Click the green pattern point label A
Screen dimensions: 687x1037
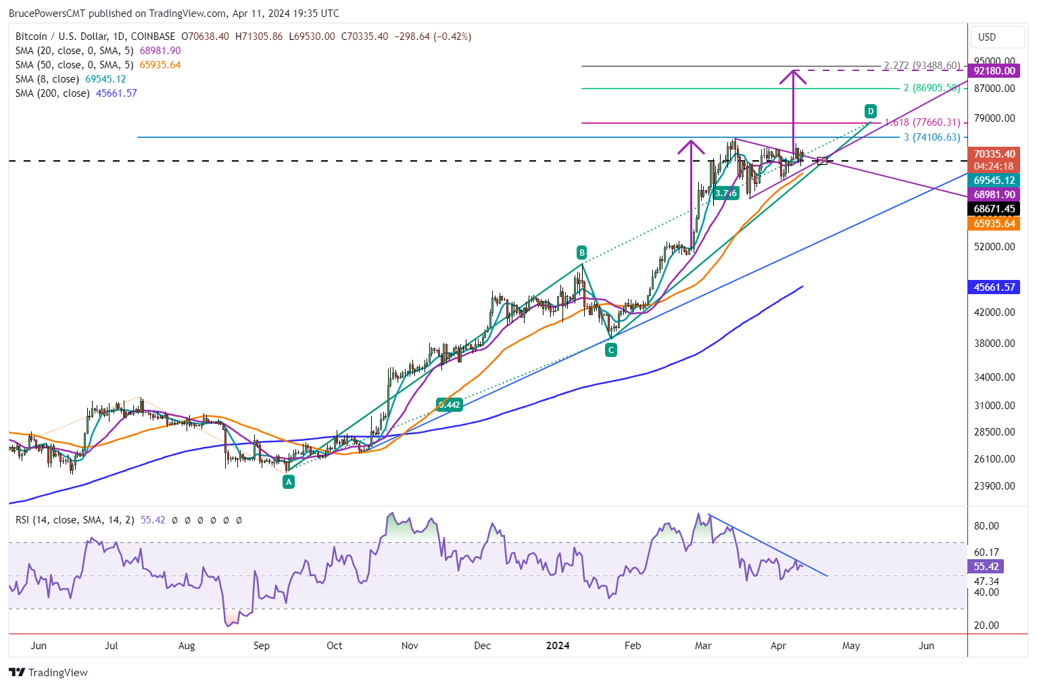pyautogui.click(x=289, y=482)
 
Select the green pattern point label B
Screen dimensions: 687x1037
pyautogui.click(x=581, y=253)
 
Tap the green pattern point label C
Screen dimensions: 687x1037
pyautogui.click(x=611, y=350)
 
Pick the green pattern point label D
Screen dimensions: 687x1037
pyautogui.click(x=871, y=111)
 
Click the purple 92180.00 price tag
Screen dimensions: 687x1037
pyautogui.click(x=994, y=71)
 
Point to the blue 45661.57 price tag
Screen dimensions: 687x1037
pyautogui.click(x=994, y=287)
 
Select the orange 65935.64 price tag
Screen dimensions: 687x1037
pyautogui.click(x=994, y=224)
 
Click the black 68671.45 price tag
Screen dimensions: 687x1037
pyautogui.click(x=994, y=209)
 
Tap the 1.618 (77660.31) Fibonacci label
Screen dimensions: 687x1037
pyautogui.click(x=922, y=122)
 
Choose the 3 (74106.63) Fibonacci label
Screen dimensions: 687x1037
pyautogui.click(x=932, y=137)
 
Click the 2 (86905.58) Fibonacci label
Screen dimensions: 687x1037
pyautogui.click(x=932, y=89)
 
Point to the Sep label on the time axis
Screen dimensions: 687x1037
pyautogui.click(x=262, y=646)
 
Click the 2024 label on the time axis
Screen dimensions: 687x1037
pyautogui.click(x=558, y=646)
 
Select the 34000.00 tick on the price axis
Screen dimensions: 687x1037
pyautogui.click(x=994, y=377)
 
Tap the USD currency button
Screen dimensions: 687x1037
pyautogui.click(x=987, y=37)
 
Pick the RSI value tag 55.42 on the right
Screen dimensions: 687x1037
pyautogui.click(x=986, y=567)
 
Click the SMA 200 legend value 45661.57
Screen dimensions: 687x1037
pyautogui.click(x=116, y=93)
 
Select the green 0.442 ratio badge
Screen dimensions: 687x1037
pyautogui.click(x=449, y=405)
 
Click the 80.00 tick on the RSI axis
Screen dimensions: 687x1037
pyautogui.click(x=986, y=526)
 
